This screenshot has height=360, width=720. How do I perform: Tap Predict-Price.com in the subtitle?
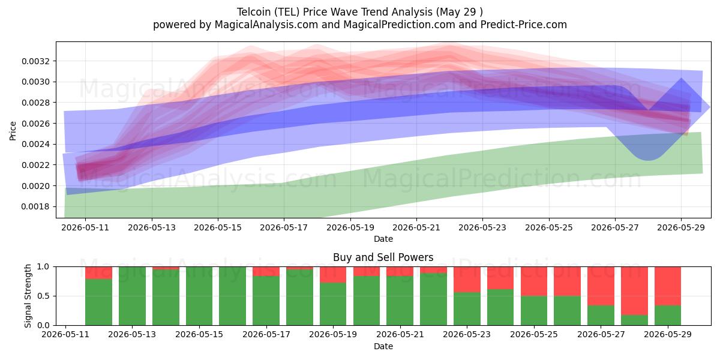pos(524,25)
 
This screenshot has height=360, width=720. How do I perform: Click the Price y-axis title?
pos(13,131)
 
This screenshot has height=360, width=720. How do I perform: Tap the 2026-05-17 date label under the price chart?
pos(284,227)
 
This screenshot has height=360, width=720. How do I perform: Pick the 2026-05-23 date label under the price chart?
pos(482,227)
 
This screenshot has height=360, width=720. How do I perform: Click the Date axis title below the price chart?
pos(383,239)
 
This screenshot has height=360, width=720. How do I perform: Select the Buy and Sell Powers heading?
pos(383,257)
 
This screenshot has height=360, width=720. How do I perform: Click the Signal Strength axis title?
pos(28,296)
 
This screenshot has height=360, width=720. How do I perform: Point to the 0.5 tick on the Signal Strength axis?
pos(43,296)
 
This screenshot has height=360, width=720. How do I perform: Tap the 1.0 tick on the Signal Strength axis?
pos(43,266)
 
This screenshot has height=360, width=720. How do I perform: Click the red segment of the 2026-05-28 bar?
pos(634,291)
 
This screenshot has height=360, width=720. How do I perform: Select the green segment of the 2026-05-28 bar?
pos(634,320)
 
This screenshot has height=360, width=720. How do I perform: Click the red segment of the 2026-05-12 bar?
pos(98,273)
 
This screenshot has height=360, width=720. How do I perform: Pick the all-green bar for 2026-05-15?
pos(199,296)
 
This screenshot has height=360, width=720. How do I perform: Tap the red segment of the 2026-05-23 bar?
pos(467,280)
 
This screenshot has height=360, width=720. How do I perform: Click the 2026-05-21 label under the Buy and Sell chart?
pos(400,334)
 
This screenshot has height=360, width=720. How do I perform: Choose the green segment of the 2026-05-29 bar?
pos(668,316)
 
